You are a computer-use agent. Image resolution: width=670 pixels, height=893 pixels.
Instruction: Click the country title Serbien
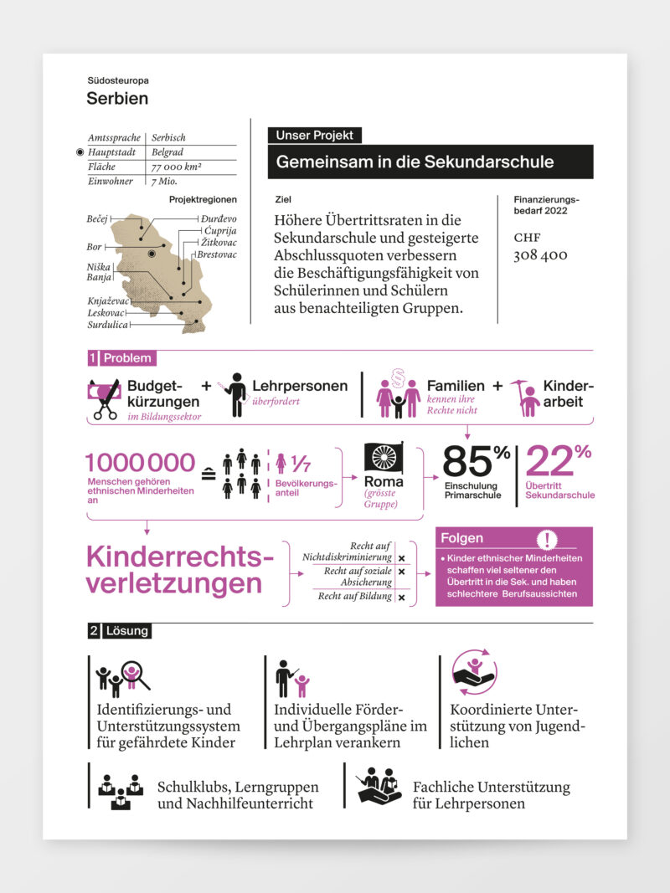[x=117, y=99]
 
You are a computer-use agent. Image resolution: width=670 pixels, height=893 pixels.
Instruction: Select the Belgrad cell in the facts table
[x=167, y=152]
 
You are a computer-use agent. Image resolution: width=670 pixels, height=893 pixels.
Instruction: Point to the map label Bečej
[x=98, y=219]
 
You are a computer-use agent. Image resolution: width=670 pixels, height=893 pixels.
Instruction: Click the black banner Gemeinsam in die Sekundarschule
[x=430, y=162]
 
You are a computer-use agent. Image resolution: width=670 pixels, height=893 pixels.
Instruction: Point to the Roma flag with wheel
[x=384, y=458]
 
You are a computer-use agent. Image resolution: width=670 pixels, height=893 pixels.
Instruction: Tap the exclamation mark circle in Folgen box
[x=549, y=538]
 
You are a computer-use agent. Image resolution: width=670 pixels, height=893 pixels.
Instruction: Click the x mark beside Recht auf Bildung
[x=402, y=597]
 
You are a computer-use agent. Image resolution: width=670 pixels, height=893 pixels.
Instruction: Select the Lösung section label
[x=126, y=631]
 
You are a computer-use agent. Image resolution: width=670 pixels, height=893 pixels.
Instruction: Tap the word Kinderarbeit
[x=568, y=393]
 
